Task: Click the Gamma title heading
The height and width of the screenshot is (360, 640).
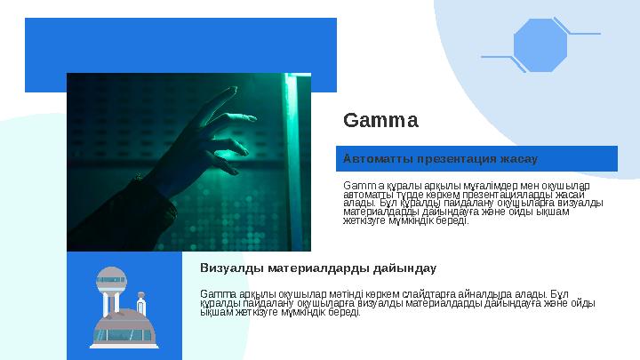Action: pyautogui.click(x=380, y=119)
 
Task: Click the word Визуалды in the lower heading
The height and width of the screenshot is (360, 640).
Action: pyautogui.click(x=228, y=267)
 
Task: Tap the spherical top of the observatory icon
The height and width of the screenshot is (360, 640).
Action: pyautogui.click(x=110, y=278)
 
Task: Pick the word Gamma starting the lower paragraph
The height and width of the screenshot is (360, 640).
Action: pyautogui.click(x=214, y=292)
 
